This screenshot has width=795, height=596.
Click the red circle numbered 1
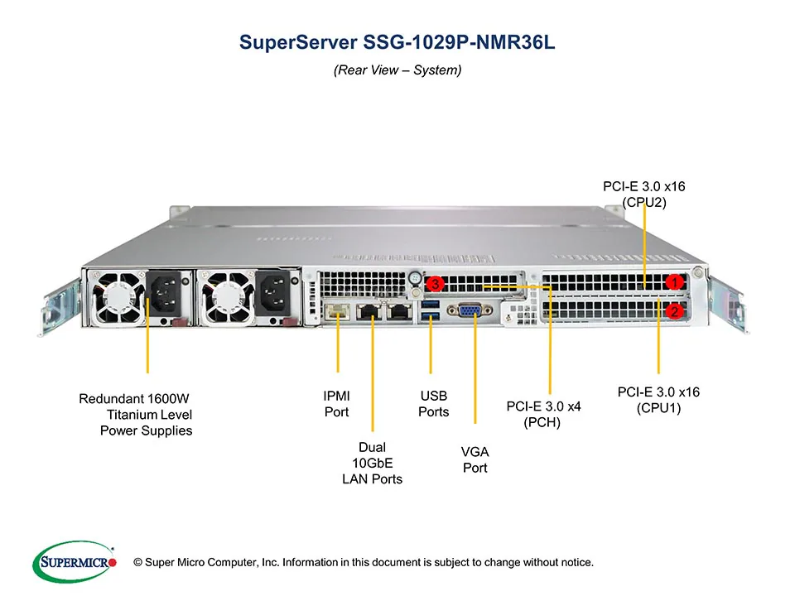[x=675, y=282]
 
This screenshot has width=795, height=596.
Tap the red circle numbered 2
[x=675, y=311]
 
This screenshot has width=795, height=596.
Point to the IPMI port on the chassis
[x=337, y=311]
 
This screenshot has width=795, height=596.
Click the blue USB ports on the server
[x=430, y=310]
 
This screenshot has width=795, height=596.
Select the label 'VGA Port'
[x=475, y=459]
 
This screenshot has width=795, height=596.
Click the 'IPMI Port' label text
[x=337, y=404]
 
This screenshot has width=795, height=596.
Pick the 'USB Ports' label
[x=433, y=404]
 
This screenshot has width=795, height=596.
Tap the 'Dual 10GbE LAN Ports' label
[x=373, y=463]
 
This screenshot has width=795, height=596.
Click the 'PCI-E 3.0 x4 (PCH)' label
[x=543, y=414]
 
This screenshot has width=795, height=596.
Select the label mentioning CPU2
[x=644, y=194]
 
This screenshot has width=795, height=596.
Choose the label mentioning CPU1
[x=658, y=399]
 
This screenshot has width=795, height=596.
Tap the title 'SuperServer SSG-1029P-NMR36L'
[x=397, y=41]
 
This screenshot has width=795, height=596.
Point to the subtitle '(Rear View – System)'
[x=397, y=70]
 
